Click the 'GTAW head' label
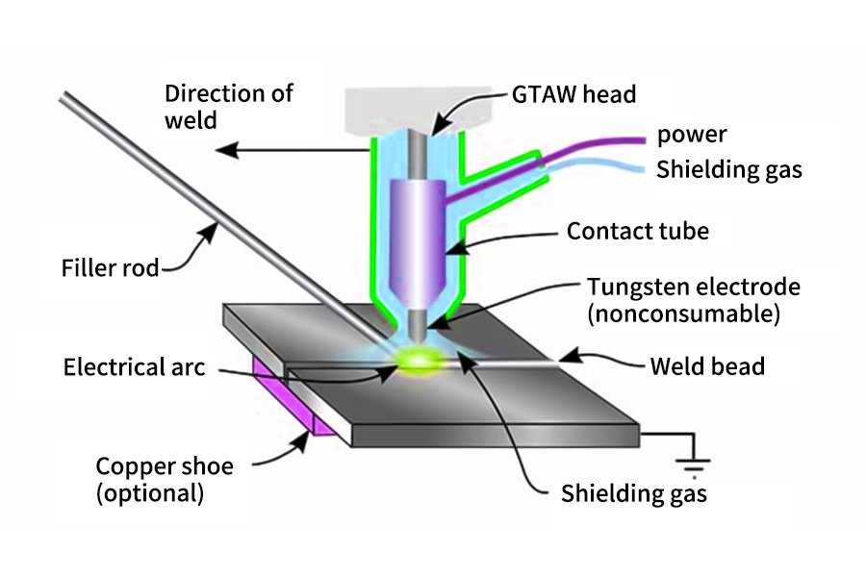573,94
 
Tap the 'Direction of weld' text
228,107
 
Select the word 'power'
692,135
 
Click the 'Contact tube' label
638,231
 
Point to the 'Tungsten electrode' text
693,287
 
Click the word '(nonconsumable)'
684,314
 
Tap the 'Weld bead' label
707,366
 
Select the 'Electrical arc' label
134,367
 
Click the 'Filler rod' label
110,267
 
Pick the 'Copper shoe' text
165,466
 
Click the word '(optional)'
150,493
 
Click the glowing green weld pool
420,361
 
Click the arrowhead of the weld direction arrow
226,150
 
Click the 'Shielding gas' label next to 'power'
729,170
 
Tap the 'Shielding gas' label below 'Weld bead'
634,493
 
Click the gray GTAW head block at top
419,110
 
